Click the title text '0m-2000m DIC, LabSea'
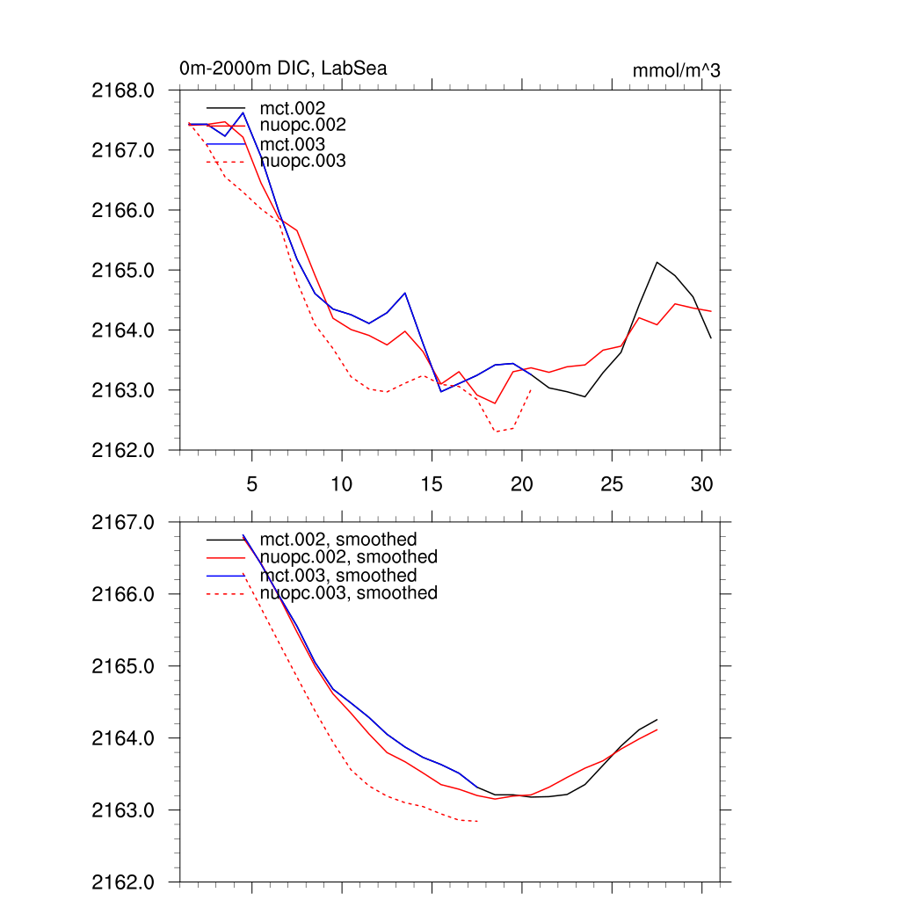point(283,69)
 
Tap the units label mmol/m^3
point(676,71)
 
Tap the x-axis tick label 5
point(252,484)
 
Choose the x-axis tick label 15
point(432,484)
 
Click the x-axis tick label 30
point(701,484)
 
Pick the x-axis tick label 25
point(612,484)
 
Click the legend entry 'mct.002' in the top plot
point(298,108)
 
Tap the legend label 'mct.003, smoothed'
point(344,576)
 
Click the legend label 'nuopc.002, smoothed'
point(354,557)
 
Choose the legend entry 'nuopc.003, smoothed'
point(354,593)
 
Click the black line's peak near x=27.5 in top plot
point(657,262)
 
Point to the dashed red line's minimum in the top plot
point(497,432)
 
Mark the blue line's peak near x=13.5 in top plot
point(405,293)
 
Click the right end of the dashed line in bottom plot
point(477,822)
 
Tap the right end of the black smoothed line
point(657,720)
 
